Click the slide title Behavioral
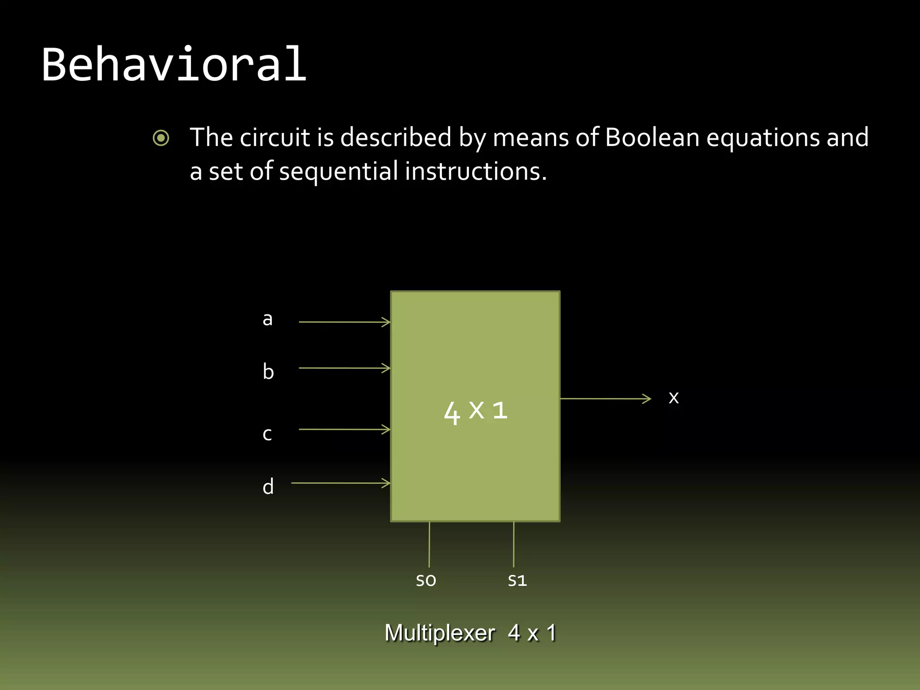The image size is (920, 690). coord(174,65)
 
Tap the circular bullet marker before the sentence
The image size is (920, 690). coord(161,138)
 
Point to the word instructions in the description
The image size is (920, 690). coord(475,172)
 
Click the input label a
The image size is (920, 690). coord(268,319)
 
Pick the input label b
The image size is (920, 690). coord(268,372)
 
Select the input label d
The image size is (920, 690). coord(268,487)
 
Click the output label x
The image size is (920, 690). coord(673,398)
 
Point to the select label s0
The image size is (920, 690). coord(426,580)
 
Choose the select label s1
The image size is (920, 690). coord(517,580)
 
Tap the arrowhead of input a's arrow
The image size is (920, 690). coord(386,322)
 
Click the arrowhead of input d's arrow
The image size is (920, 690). coord(386,483)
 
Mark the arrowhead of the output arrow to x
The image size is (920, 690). coord(647,398)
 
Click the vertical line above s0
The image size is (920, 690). coord(429,544)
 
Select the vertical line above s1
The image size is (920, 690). coord(513,544)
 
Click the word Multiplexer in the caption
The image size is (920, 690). coord(440,633)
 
